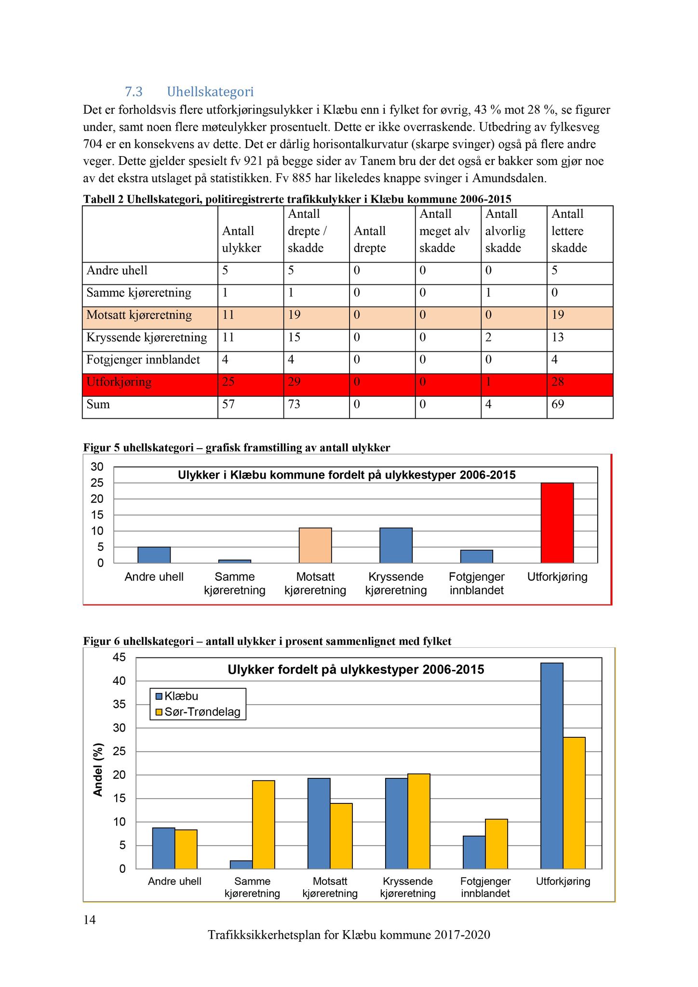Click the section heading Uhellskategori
coord(210,92)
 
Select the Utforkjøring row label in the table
coord(119,382)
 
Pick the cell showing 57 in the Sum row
coord(228,404)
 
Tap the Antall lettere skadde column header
coord(569,231)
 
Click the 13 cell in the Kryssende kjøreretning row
coord(558,337)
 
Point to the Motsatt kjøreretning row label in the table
coord(139,315)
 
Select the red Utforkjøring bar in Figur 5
coord(557,523)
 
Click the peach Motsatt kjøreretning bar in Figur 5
coord(315,546)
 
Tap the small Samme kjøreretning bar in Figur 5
coord(235,561)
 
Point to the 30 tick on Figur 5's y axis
coord(97,467)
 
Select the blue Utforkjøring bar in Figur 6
coord(551,766)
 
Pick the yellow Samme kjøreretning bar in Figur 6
coord(263,825)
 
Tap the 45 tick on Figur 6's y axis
coord(119,657)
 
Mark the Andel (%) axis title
coord(98,770)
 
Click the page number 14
coord(90,920)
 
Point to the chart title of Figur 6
coord(356,669)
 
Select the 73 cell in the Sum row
coord(294,404)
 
